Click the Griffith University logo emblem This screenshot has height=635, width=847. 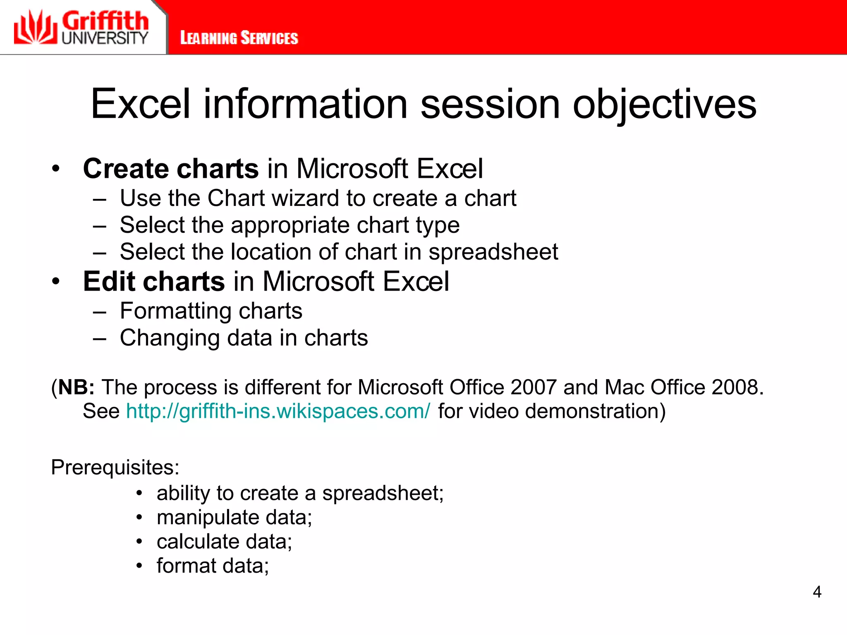[x=35, y=28]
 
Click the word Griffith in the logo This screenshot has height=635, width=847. [x=105, y=21]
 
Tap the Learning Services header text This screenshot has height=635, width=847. [x=239, y=38]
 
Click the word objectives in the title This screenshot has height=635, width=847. [x=664, y=104]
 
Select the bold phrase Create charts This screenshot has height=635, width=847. [x=171, y=169]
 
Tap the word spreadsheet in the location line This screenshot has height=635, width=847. [x=493, y=252]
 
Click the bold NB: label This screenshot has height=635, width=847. [x=76, y=387]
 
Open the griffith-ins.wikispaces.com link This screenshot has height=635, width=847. [x=278, y=411]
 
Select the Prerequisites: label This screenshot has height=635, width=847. [x=115, y=468]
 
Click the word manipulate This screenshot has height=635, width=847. [x=208, y=518]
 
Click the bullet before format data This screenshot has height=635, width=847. [x=139, y=566]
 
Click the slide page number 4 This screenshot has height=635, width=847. [x=817, y=592]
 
